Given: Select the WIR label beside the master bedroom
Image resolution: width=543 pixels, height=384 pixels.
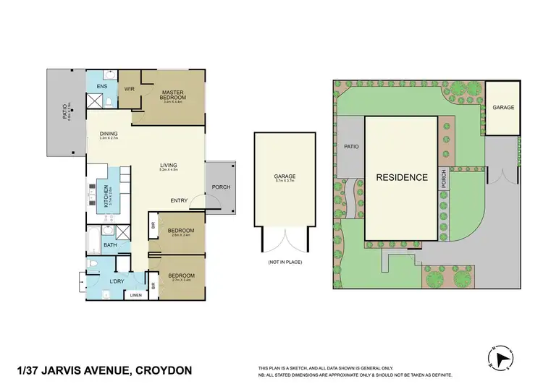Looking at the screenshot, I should (x=130, y=89).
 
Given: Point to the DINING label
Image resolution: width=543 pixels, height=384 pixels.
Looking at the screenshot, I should (x=109, y=133).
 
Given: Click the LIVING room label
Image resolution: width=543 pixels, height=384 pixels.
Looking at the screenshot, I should (x=169, y=166).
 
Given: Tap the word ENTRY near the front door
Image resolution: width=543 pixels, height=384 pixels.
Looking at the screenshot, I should (x=180, y=200).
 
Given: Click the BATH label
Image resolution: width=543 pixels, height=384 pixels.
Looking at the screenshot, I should (x=109, y=245).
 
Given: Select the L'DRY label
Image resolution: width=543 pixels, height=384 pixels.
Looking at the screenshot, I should (x=116, y=281).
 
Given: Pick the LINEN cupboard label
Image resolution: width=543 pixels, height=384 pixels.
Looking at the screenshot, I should (x=135, y=295).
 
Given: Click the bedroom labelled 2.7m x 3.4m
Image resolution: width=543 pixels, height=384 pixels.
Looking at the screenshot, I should (x=180, y=276).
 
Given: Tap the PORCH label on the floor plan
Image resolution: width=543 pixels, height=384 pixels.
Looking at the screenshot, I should (x=221, y=187).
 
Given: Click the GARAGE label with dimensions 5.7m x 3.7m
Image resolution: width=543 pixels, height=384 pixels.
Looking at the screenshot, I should (x=285, y=177).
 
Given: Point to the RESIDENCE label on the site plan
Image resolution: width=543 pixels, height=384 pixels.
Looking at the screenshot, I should (x=401, y=177).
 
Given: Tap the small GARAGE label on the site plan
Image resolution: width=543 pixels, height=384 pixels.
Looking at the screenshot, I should (x=503, y=108).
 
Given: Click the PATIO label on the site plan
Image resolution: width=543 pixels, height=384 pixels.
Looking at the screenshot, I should (x=351, y=146).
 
